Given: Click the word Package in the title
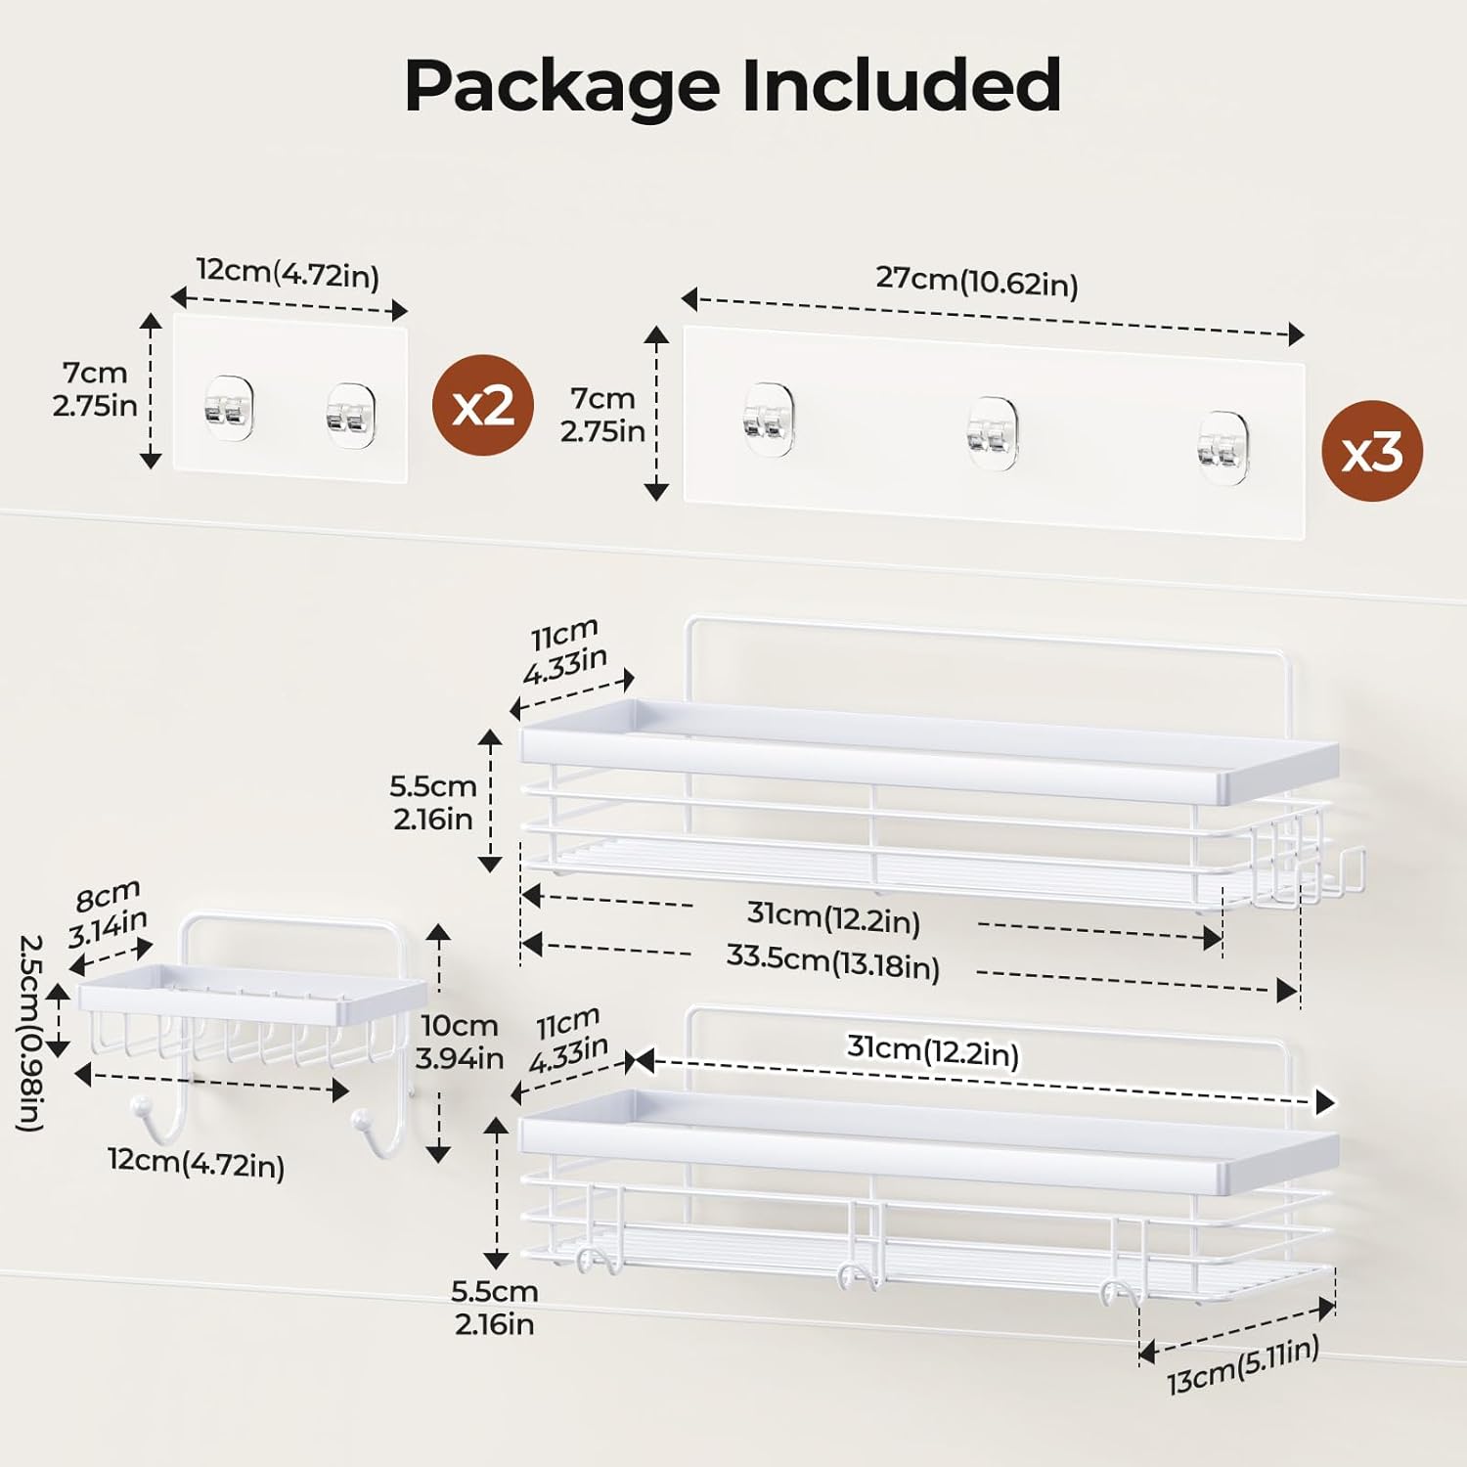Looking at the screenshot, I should click(x=565, y=86).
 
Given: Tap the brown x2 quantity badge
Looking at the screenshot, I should click(x=483, y=405).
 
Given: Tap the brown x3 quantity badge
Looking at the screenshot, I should click(x=1372, y=452).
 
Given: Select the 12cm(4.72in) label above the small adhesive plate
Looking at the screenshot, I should click(x=288, y=273).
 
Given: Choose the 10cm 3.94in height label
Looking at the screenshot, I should click(x=459, y=1042).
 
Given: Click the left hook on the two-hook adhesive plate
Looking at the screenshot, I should click(x=229, y=408).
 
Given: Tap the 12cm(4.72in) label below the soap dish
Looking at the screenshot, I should click(x=196, y=1163).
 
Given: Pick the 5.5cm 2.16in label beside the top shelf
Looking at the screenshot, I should click(x=433, y=802).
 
